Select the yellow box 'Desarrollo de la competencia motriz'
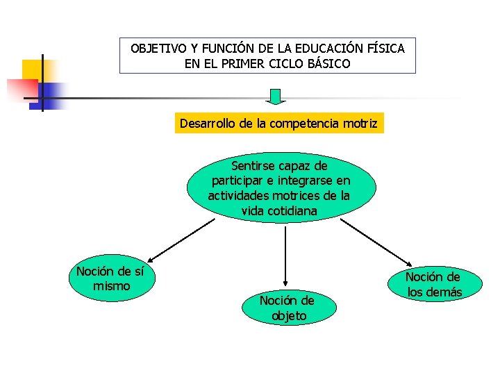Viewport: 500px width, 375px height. (278, 124)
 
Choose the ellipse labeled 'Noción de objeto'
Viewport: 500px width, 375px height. (287, 308)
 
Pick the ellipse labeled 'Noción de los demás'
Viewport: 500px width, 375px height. (435, 284)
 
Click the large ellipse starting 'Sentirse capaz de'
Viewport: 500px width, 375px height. (281, 187)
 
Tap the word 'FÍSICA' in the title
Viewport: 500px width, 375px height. (386, 49)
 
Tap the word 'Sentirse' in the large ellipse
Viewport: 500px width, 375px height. (254, 166)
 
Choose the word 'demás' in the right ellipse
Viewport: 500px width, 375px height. (444, 292)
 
